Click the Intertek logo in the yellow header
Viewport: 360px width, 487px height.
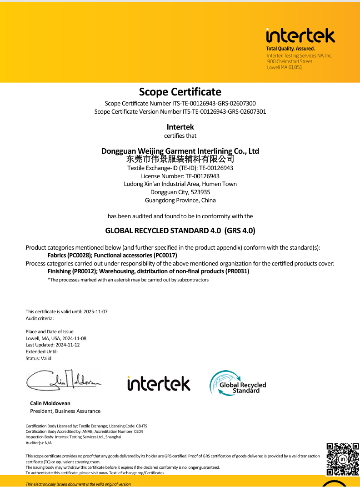point(300,36)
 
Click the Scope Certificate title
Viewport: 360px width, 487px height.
point(180,92)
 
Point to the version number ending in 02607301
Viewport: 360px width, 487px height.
point(224,111)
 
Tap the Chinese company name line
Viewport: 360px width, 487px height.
point(180,159)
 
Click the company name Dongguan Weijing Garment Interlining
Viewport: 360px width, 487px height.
point(180,151)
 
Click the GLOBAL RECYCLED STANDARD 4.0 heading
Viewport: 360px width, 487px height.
point(180,231)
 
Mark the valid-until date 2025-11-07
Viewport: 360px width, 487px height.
point(95,311)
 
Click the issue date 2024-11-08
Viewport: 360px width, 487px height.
point(74,338)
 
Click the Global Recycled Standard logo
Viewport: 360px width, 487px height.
point(238,383)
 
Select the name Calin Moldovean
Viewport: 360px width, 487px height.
point(50,403)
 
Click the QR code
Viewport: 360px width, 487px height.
point(343,459)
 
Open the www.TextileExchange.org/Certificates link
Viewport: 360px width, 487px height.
point(131,473)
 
